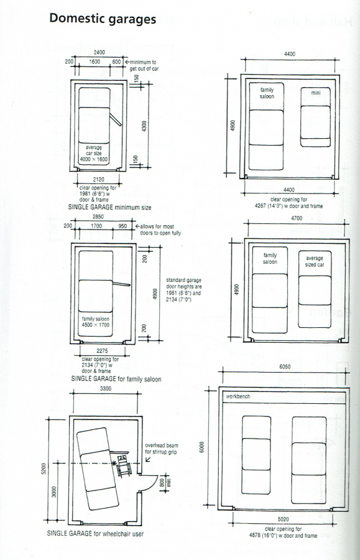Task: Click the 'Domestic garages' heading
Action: point(103,19)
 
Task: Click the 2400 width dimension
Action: point(99,52)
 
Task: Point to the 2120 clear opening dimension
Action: point(99,180)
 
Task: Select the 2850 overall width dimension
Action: point(98,217)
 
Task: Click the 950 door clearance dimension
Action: point(122,226)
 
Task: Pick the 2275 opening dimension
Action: point(102,351)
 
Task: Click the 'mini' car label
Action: point(315,93)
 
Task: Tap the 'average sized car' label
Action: point(315,261)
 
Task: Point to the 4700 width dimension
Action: point(297,218)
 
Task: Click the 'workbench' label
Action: point(238,396)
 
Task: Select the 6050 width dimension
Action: point(285,366)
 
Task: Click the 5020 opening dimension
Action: point(284,519)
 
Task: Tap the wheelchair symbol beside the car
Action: point(124,465)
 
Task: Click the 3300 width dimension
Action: point(106,388)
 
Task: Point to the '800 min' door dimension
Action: point(165,482)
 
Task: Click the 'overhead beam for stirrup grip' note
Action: point(161,449)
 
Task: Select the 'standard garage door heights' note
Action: point(184,290)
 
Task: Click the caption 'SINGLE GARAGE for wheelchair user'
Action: point(95,534)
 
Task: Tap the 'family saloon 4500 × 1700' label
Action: point(96,322)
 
